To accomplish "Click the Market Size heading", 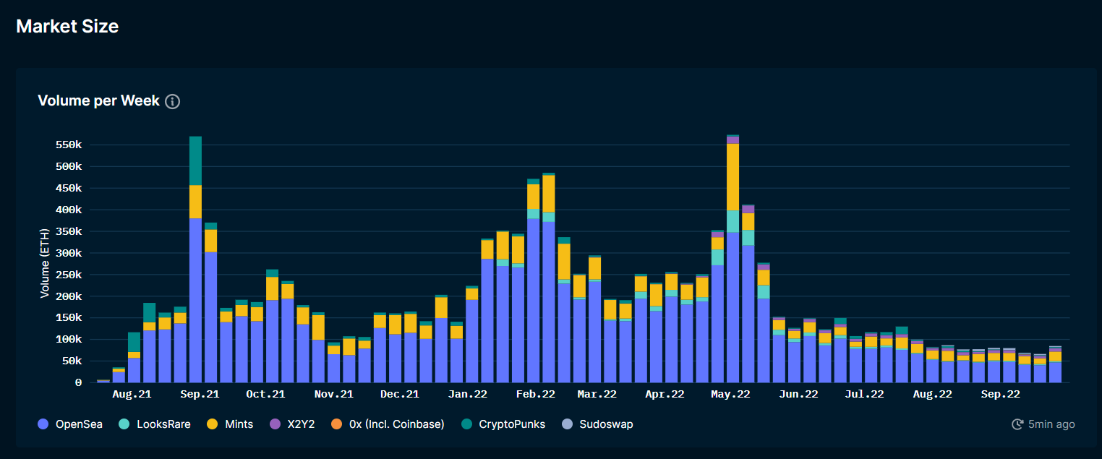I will [67, 27].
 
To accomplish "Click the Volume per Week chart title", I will [98, 101].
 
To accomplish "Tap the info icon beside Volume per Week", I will [172, 102].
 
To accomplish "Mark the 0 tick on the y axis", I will [78, 382].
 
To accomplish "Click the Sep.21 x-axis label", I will [200, 394].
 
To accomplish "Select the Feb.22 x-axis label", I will [535, 394].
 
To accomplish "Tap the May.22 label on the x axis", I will [731, 394].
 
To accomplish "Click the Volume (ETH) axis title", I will [45, 265].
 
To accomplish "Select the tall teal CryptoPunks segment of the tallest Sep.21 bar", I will [195, 160].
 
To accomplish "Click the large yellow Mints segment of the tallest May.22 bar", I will [732, 176].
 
